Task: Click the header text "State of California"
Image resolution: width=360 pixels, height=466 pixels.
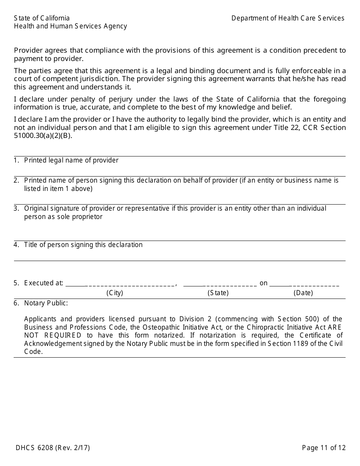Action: point(42,18)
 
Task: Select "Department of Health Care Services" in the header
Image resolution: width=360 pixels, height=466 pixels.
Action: point(288,18)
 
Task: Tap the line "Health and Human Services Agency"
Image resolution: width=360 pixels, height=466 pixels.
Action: point(70,26)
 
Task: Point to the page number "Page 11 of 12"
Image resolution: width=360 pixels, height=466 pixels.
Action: point(324,448)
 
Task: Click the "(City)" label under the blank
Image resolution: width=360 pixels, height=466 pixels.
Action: point(114,293)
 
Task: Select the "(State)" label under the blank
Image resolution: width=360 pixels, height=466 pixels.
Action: point(218,293)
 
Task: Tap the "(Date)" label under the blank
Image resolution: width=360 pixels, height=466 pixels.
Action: point(303,293)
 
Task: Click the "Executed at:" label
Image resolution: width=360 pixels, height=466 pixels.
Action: point(44,283)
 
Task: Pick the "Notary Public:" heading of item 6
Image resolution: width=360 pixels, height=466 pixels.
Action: point(46,303)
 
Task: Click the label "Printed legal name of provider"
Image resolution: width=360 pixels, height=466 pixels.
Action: point(71,160)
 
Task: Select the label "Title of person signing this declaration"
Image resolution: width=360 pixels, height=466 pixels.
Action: point(83,245)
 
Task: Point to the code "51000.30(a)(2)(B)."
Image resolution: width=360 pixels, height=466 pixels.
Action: point(43,136)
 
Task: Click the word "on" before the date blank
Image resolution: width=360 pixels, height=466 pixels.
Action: point(263,283)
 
